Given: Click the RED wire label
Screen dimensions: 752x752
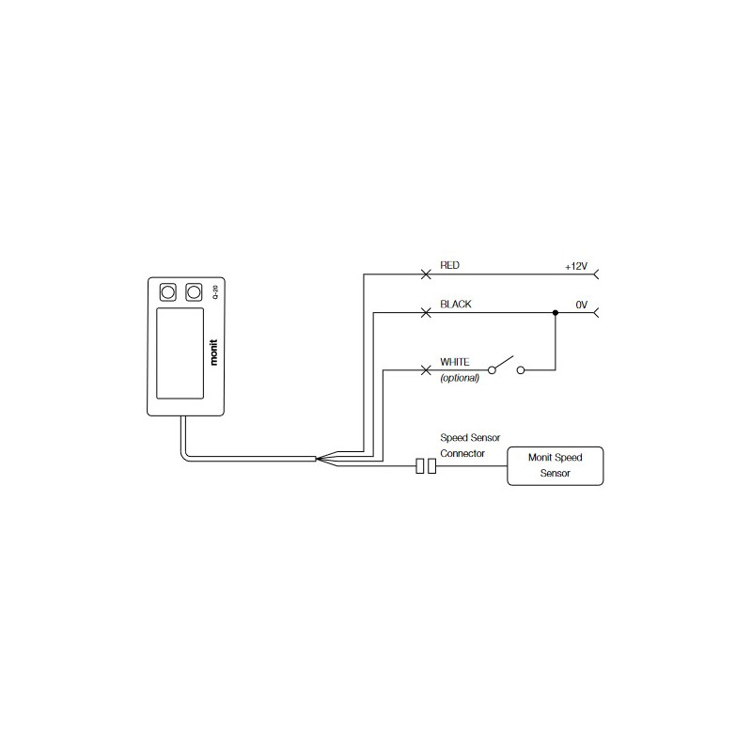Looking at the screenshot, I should coord(449,267).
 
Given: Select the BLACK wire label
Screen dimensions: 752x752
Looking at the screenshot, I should coord(456,305).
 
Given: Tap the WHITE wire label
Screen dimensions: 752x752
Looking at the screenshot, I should coord(456,361).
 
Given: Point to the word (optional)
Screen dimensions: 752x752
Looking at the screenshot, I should coord(460,378).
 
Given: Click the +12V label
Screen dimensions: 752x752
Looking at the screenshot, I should coord(575,267).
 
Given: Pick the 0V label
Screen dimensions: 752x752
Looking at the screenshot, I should coord(581,305).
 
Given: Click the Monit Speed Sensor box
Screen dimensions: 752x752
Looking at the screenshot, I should coord(555,465).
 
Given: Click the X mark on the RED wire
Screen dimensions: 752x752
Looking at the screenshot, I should coord(426,274).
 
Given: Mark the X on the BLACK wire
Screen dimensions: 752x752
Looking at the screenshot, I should coord(426,312).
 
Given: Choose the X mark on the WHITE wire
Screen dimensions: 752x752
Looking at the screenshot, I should coord(426,369).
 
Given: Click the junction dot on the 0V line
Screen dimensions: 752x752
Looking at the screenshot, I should coord(556,312).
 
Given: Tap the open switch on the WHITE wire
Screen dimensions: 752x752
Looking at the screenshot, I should coord(504,365).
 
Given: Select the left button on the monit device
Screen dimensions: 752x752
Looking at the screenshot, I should coord(169,292).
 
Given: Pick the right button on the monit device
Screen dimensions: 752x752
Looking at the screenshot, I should coord(194,292).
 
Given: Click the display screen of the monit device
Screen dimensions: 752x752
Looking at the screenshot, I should coord(179,352).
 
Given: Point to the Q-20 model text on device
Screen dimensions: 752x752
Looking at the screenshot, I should coord(215,292).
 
